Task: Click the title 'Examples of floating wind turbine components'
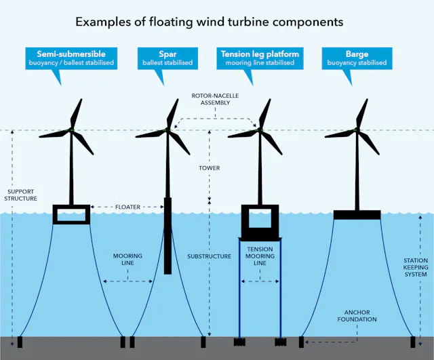[209, 22]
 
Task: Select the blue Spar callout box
[167, 58]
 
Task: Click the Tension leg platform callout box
[260, 58]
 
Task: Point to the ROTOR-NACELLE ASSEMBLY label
[215, 99]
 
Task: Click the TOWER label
[210, 167]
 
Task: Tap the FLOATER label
[127, 207]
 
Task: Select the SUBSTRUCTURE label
[210, 256]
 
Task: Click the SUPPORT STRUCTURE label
[20, 195]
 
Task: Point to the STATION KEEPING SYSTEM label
[416, 267]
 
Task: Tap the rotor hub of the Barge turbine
[356, 129]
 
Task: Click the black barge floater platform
[357, 215]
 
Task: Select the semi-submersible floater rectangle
[71, 214]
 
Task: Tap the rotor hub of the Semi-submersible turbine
[71, 129]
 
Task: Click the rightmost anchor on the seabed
[413, 341]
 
